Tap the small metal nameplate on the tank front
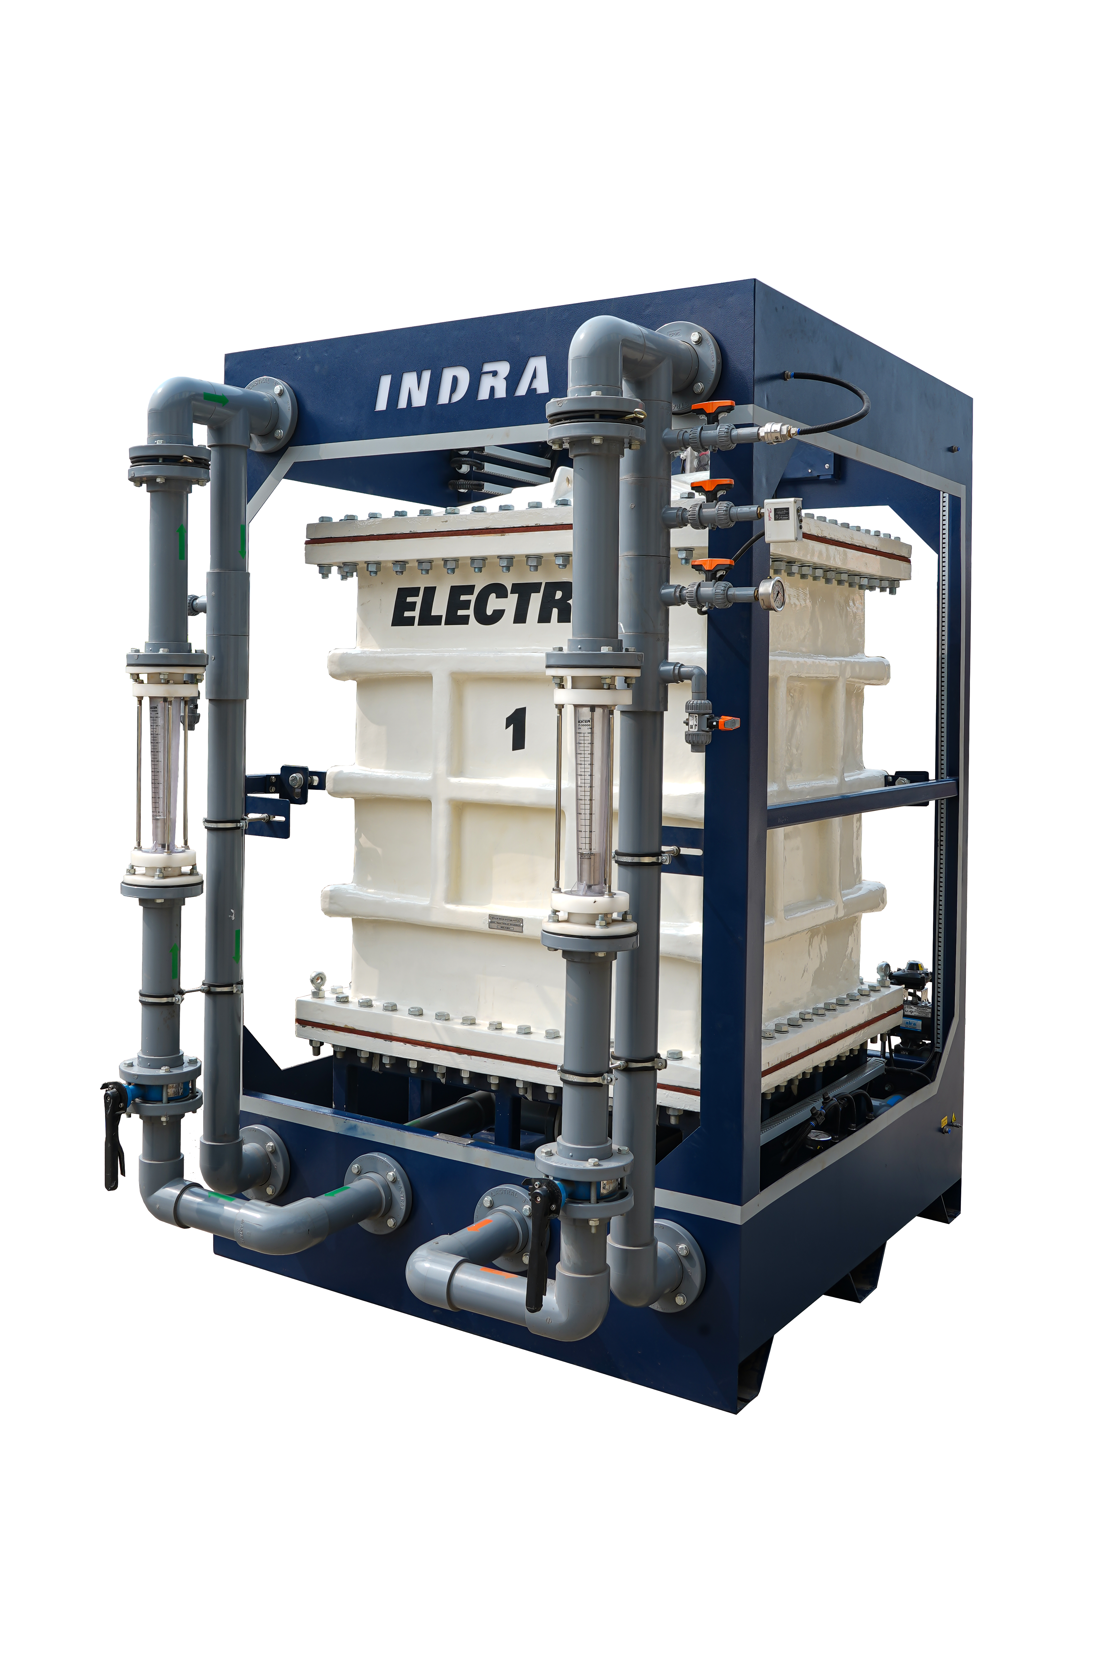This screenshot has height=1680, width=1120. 505,923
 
